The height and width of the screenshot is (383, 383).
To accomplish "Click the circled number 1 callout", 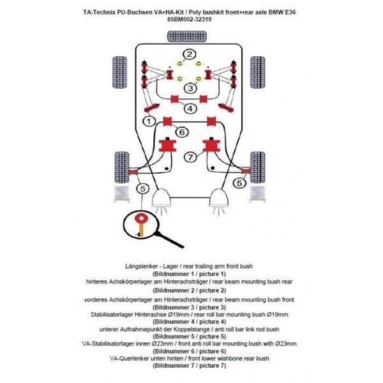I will (148, 121).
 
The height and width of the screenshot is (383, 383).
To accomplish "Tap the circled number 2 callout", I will (190, 54).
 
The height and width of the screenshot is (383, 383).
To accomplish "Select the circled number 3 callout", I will (190, 87).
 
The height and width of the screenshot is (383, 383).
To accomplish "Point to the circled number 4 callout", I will (190, 109).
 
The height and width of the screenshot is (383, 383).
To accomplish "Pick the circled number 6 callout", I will (181, 132).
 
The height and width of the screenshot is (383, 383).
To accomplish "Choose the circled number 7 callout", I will (189, 157).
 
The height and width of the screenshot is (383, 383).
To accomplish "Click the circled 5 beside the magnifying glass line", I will (142, 188).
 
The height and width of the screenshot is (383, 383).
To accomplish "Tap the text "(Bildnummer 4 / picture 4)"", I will (191, 322).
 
